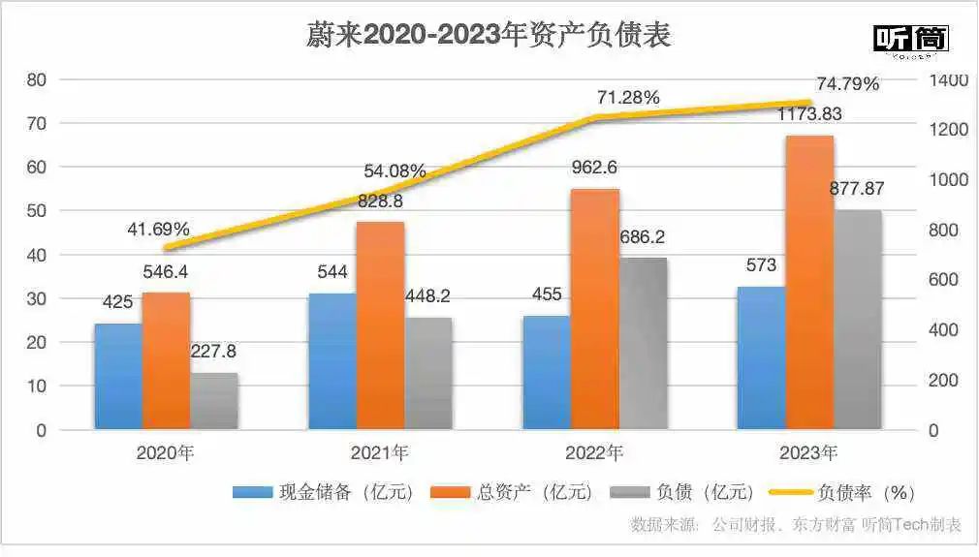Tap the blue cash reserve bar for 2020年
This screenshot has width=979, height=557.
pos(118,376)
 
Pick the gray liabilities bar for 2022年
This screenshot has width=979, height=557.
pos(643,343)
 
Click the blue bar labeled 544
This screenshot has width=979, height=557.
pos(332,360)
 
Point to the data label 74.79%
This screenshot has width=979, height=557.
pos(847,83)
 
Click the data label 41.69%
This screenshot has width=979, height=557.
pos(158,231)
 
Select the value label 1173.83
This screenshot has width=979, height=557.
pos(808,114)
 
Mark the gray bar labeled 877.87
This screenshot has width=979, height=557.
pos(857,320)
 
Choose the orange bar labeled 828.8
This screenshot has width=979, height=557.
pos(380,325)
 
